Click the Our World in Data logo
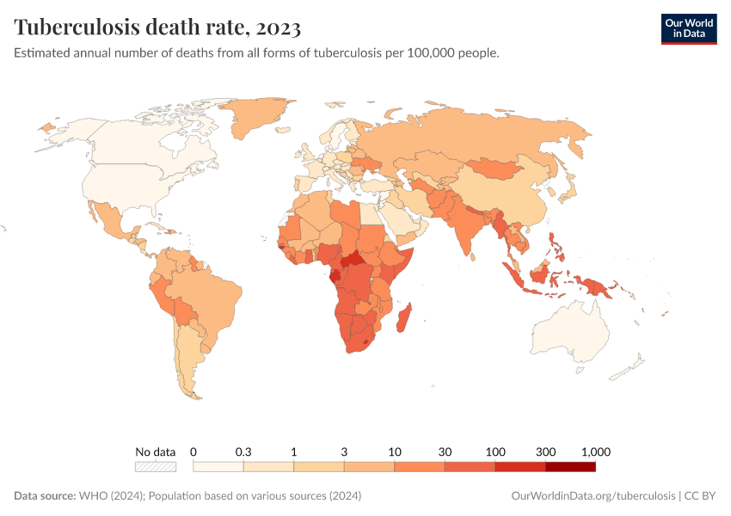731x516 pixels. (688, 28)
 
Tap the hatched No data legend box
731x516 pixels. (156, 467)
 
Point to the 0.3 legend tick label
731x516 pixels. (243, 451)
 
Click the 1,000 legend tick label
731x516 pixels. (595, 451)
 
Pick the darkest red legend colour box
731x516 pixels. (570, 467)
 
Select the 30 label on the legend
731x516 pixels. (445, 451)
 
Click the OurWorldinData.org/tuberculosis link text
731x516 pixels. (593, 496)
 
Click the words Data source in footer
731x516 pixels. (45, 496)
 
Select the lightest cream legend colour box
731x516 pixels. (218, 467)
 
